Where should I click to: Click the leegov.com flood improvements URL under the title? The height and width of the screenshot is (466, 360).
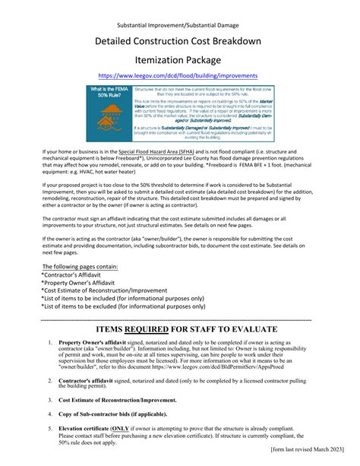(180, 75)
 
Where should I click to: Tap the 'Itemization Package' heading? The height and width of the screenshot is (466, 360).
(180, 59)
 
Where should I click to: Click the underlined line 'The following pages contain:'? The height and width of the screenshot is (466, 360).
(80, 267)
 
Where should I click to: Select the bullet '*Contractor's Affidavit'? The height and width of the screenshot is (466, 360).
(77, 275)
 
